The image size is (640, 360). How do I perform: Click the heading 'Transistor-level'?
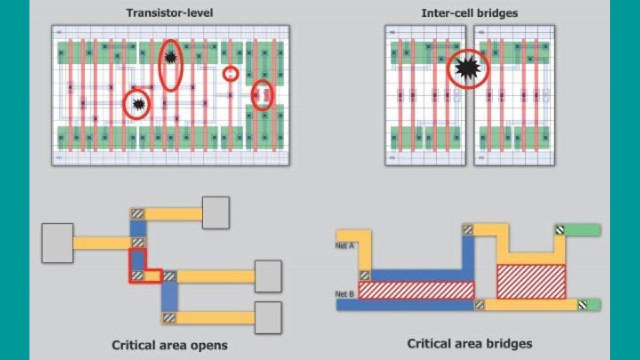pyautogui.click(x=170, y=13)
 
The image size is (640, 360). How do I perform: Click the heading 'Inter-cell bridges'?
pyautogui.click(x=470, y=13)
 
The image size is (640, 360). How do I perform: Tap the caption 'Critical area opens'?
pyautogui.click(x=169, y=345)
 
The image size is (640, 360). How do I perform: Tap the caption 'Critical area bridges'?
pyautogui.click(x=470, y=343)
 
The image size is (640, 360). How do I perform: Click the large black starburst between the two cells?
pyautogui.click(x=468, y=69)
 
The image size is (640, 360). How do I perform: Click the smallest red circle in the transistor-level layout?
pyautogui.click(x=230, y=74)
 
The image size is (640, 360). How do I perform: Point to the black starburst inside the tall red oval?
pyautogui.click(x=170, y=57)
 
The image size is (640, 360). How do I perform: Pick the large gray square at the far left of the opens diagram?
pyautogui.click(x=57, y=243)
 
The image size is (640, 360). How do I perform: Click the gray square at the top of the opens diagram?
pyautogui.click(x=215, y=213)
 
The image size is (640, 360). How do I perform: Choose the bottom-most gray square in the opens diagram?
pyautogui.click(x=268, y=318)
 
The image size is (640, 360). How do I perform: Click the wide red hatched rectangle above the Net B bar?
pyautogui.click(x=416, y=290)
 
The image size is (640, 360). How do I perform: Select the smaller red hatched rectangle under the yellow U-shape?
pyautogui.click(x=531, y=281)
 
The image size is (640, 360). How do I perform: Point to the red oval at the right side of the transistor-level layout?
pyautogui.click(x=262, y=95)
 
